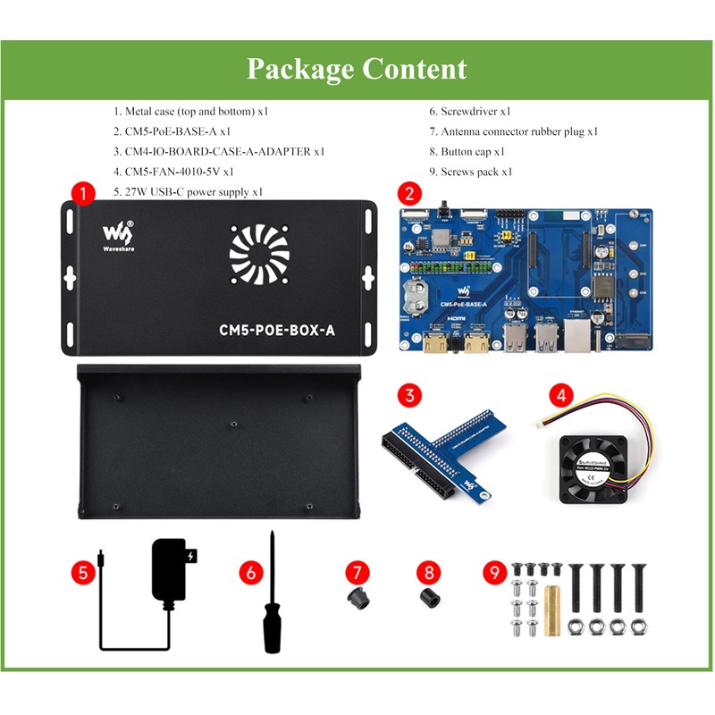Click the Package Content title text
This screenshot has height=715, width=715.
pyautogui.click(x=357, y=69)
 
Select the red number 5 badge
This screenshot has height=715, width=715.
pyautogui.click(x=83, y=573)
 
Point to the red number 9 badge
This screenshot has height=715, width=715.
pyautogui.click(x=494, y=573)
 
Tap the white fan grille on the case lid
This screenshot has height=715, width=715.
pyautogui.click(x=259, y=251)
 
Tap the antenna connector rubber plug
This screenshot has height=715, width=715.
pyautogui.click(x=360, y=598)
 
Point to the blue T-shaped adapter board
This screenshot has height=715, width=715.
pyautogui.click(x=442, y=451)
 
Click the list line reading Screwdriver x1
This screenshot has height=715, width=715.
pyautogui.click(x=469, y=112)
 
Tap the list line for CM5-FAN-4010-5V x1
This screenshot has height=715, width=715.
pyautogui.click(x=173, y=172)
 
